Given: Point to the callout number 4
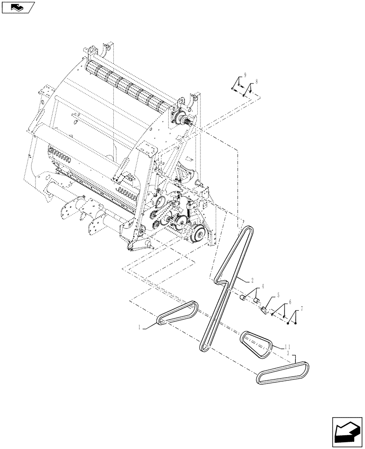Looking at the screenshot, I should tap(263, 286).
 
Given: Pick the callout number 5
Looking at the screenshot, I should tap(278, 296).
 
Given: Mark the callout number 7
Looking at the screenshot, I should tap(302, 309).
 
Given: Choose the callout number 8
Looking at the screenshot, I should tap(256, 82).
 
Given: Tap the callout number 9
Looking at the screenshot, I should tap(245, 74).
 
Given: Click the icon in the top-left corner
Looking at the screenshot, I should tap(18, 7).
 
